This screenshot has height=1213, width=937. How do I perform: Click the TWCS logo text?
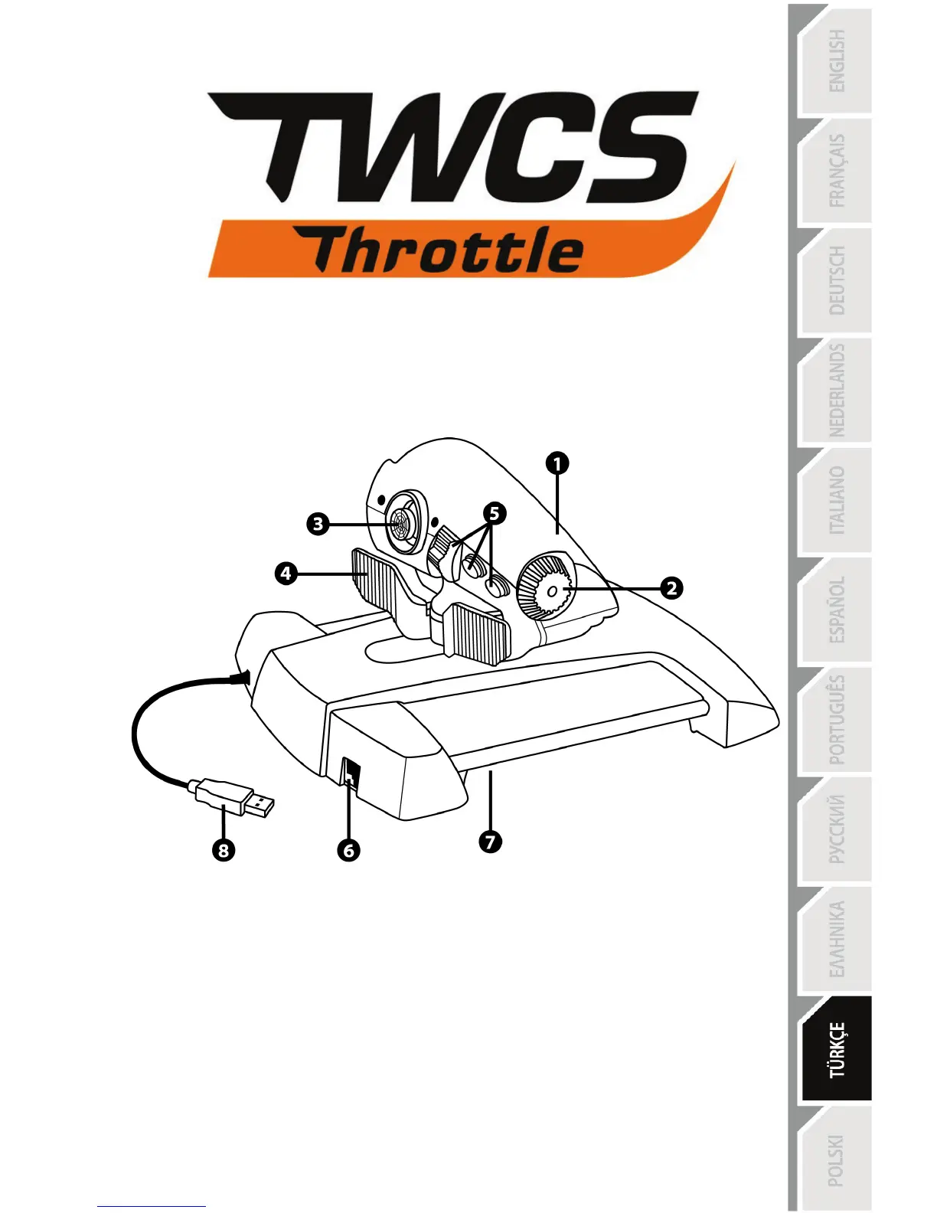point(452,147)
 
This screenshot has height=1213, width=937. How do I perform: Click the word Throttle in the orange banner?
point(447,250)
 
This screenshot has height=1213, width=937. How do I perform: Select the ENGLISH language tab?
point(836,61)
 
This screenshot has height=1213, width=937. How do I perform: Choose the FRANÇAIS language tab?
point(836,172)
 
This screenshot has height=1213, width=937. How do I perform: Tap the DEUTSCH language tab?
point(836,281)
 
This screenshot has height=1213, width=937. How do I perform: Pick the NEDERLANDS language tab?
point(836,391)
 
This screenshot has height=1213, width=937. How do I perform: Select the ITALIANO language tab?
point(836,501)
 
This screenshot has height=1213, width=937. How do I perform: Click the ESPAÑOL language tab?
point(836,610)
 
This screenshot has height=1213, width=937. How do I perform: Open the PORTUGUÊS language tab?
point(836,720)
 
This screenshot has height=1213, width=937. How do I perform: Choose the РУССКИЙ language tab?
point(836,830)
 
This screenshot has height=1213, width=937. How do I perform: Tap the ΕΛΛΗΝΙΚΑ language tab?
point(836,940)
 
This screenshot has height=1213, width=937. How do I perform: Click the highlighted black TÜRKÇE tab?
point(836,1049)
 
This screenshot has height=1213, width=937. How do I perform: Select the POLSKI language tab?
point(836,1159)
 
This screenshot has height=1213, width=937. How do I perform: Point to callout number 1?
point(557,463)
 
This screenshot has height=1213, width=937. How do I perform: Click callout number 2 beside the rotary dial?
point(671,588)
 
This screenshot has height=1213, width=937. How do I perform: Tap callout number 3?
point(318,525)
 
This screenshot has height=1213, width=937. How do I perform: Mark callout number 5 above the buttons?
point(495,513)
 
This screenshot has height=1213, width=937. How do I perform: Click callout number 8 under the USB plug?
point(223,850)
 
